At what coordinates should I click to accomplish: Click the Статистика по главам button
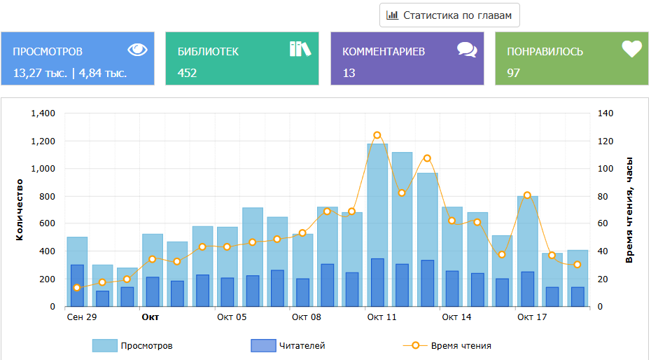449,15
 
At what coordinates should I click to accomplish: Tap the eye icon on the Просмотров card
138,49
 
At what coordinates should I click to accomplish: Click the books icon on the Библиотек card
300,48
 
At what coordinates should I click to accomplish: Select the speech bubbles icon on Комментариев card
467,49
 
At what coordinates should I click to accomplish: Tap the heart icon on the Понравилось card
631,49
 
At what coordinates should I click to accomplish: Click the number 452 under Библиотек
187,72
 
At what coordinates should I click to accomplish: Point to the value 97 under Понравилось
513,72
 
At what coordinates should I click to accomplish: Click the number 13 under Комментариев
349,72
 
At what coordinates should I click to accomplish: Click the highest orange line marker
377,135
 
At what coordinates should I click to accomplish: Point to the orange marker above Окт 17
527,195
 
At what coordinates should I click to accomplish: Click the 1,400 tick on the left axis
43,113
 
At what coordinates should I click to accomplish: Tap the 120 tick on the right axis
605,141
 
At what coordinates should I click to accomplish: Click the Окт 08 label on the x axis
307,317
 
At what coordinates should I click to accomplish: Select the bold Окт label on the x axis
150,317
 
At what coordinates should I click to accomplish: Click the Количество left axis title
20,209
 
